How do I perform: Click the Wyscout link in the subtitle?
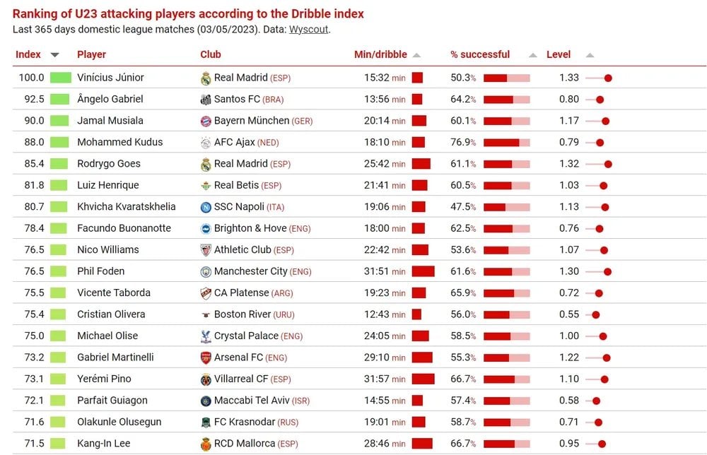click(x=309, y=30)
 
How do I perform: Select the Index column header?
click(x=28, y=54)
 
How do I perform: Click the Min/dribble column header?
click(x=380, y=54)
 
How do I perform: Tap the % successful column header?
click(x=480, y=54)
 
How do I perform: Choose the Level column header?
click(x=559, y=54)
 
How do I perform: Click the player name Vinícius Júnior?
click(x=110, y=78)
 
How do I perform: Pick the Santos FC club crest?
click(x=206, y=100)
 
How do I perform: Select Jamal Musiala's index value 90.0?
click(x=33, y=121)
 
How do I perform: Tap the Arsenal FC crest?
click(x=206, y=357)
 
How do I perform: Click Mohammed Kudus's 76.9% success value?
click(x=463, y=142)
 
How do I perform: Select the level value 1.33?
click(x=569, y=78)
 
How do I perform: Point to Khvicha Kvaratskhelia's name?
click(x=127, y=207)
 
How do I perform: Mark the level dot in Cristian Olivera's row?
click(x=596, y=315)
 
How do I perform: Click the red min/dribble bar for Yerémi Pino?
click(x=423, y=379)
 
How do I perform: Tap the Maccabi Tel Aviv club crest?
click(x=206, y=401)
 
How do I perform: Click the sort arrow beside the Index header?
click(x=54, y=55)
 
